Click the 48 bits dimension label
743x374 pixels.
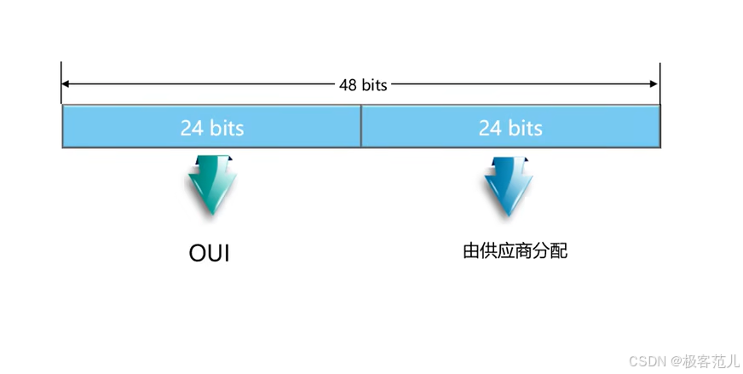tap(362, 84)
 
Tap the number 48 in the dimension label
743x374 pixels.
tap(348, 84)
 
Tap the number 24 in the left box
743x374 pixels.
tap(191, 128)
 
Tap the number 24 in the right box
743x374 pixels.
tap(489, 128)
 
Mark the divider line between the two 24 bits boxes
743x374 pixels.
tap(361, 126)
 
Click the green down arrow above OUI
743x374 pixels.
tap(212, 184)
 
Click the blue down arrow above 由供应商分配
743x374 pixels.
tap(510, 184)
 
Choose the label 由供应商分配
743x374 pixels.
tap(514, 250)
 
